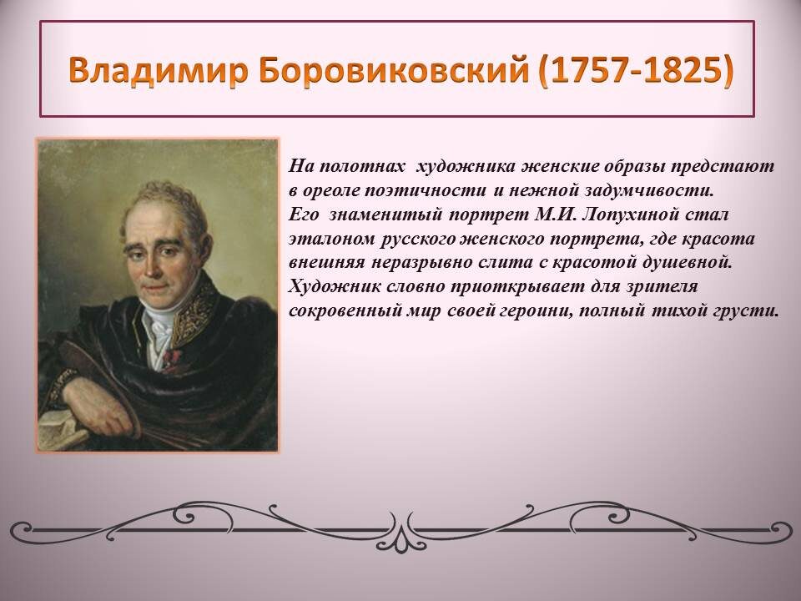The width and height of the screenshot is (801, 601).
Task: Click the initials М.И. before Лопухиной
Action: tap(556, 215)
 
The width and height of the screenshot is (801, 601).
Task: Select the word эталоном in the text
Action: tap(332, 239)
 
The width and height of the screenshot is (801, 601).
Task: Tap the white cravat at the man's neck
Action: tap(159, 327)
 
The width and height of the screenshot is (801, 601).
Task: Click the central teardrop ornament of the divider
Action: tap(401, 540)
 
